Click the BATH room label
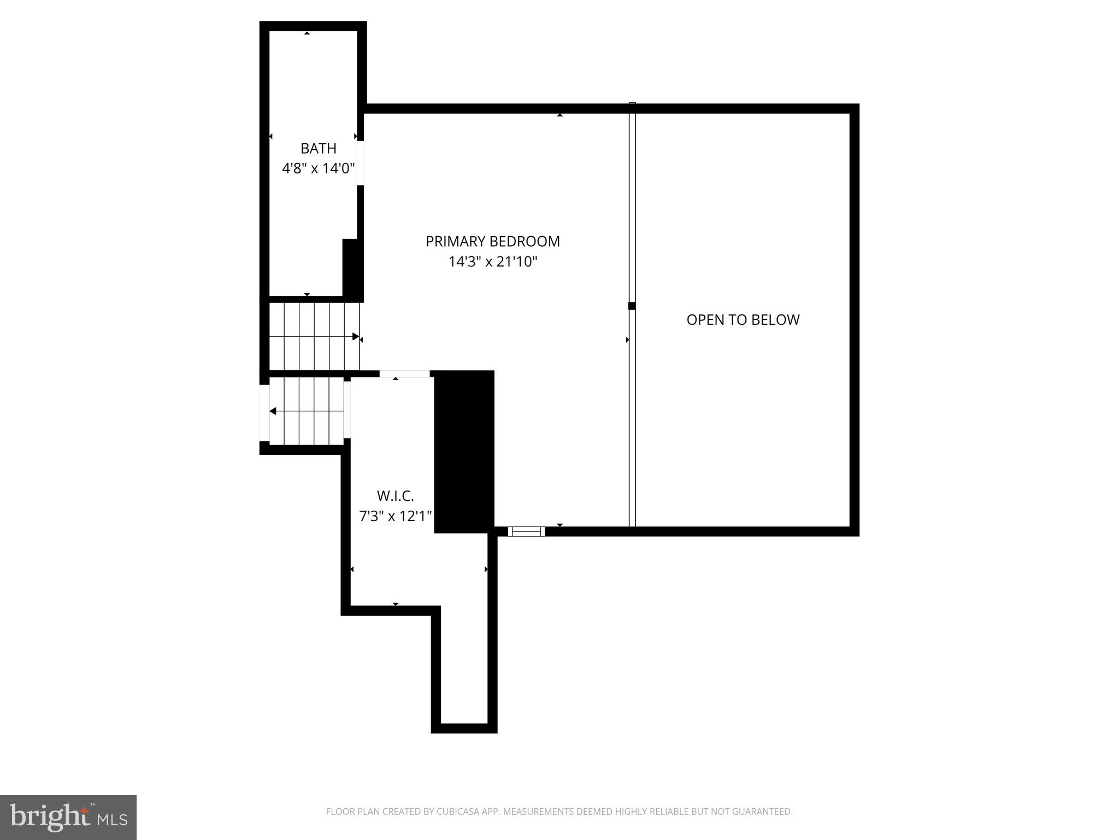point(319,148)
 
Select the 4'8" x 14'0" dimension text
point(319,168)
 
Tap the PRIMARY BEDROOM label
point(493,241)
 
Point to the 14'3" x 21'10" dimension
point(493,262)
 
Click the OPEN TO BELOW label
point(743,320)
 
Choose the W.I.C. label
point(395,496)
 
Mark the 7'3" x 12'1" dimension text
point(395,516)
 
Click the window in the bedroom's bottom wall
point(526,531)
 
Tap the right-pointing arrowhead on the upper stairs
point(356,336)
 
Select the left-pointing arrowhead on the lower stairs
point(273,411)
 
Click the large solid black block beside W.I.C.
point(464,451)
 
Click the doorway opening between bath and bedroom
point(361,163)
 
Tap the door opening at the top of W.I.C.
point(404,374)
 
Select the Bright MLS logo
point(68,817)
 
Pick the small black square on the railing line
point(632,306)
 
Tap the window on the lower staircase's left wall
point(264,413)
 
